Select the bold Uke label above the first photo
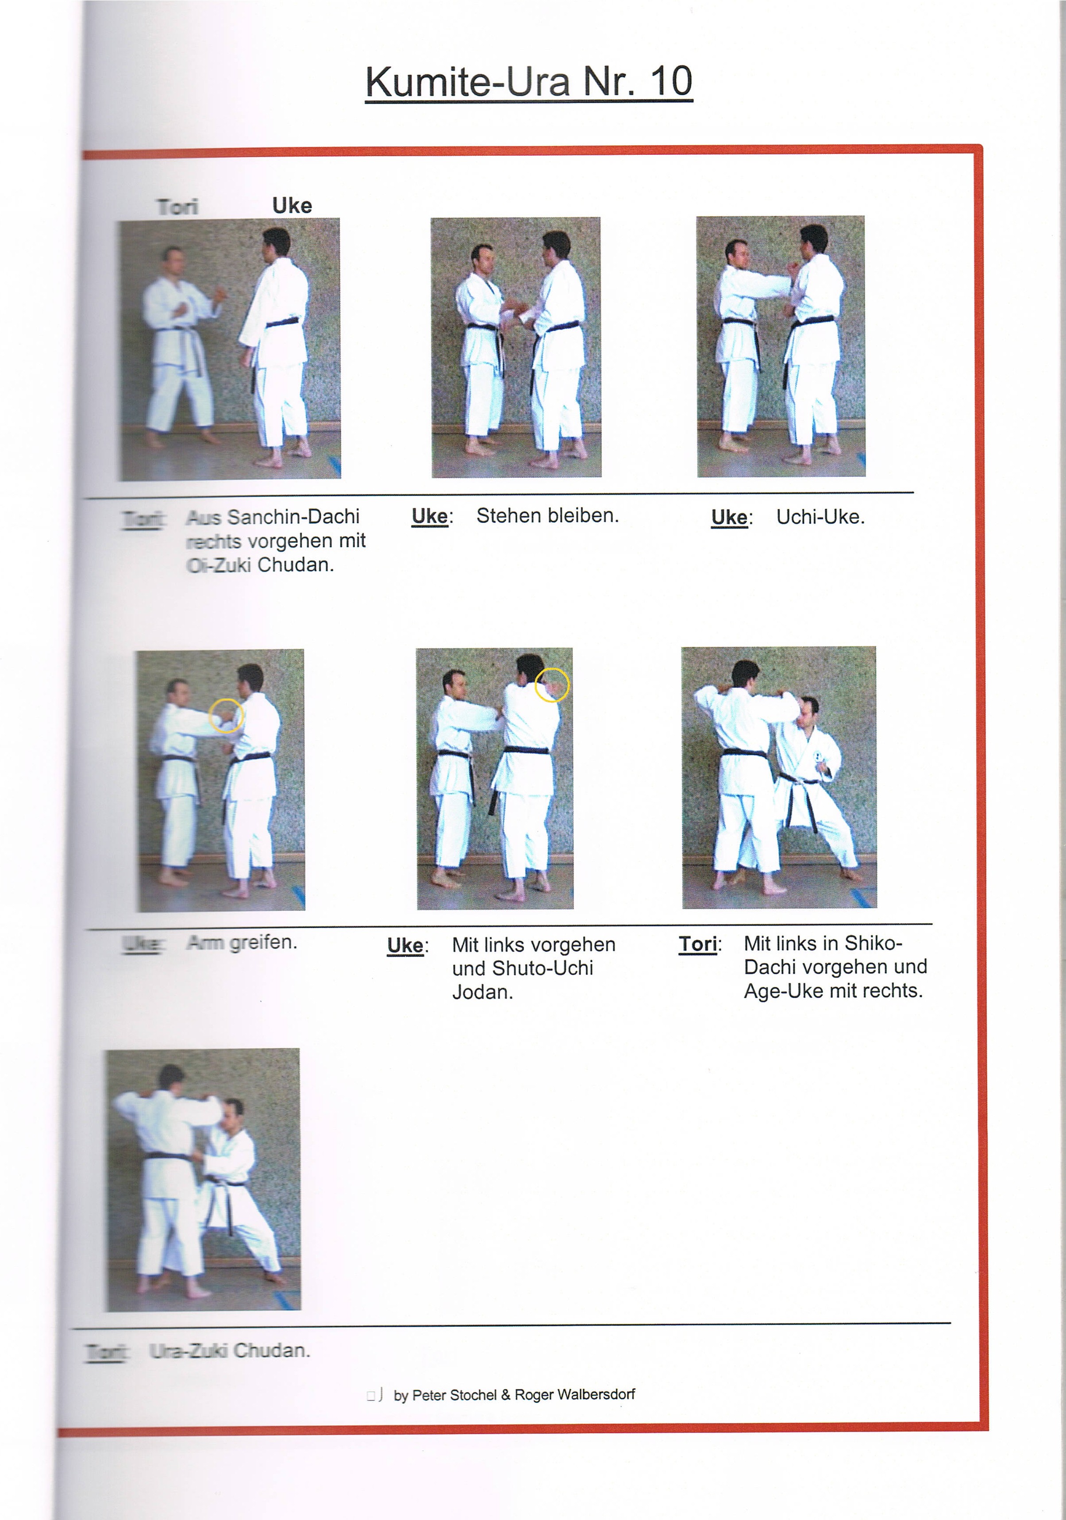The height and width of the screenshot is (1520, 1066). (292, 206)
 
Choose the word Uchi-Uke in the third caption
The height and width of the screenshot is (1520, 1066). (820, 517)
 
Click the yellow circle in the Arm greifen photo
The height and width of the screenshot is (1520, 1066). (226, 716)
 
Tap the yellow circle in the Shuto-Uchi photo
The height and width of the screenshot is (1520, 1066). (551, 684)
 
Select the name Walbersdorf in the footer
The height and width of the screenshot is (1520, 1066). (596, 1394)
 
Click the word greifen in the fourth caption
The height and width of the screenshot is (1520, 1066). (263, 943)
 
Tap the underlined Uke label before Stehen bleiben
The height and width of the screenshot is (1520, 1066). (430, 516)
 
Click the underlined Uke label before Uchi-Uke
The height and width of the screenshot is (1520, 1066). (729, 518)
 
